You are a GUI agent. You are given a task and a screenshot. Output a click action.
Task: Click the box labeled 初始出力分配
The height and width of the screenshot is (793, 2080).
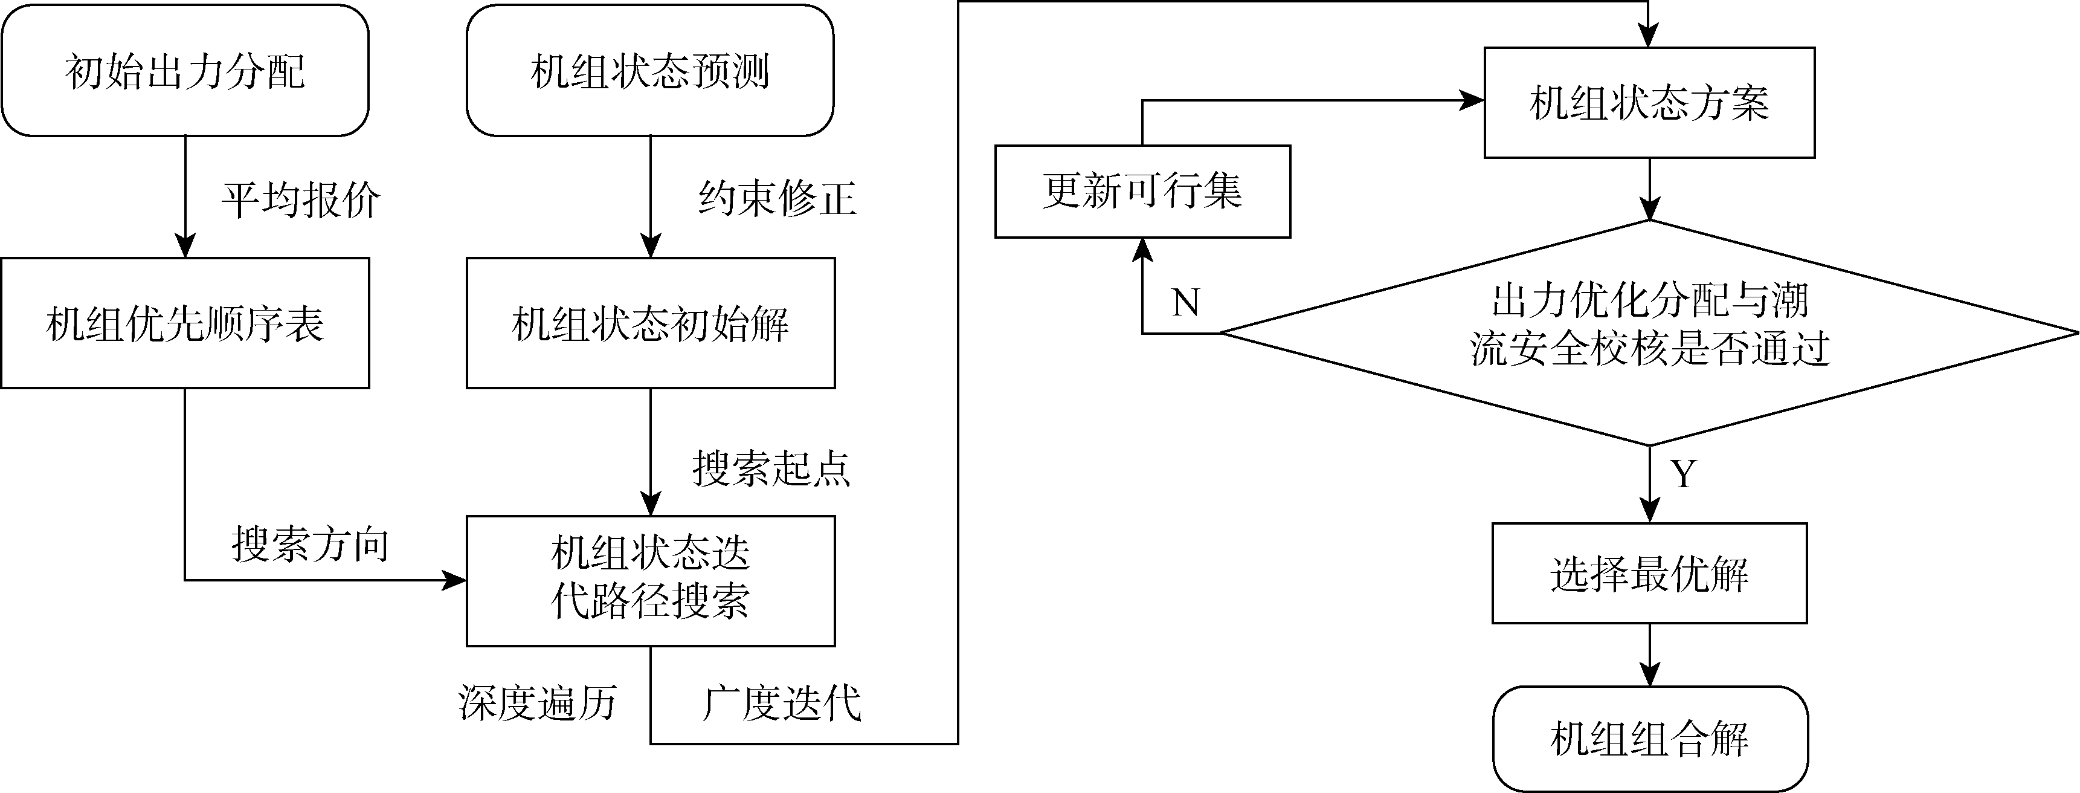pyautogui.click(x=185, y=71)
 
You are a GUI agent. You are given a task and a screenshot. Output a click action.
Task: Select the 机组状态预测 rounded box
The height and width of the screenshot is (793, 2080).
pyautogui.click(x=650, y=71)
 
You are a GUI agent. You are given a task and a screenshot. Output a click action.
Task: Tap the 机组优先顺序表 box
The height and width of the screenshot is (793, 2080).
pyautogui.click(x=185, y=323)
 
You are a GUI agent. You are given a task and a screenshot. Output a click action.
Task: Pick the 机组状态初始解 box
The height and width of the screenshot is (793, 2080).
pyautogui.click(x=650, y=323)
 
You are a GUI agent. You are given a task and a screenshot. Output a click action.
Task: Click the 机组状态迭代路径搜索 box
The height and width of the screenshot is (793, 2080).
pyautogui.click(x=650, y=580)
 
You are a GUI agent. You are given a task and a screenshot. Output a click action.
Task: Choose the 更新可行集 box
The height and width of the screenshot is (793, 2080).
pyautogui.click(x=1142, y=192)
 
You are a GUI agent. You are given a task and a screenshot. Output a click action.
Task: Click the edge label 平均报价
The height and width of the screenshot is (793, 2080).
pyautogui.click(x=300, y=199)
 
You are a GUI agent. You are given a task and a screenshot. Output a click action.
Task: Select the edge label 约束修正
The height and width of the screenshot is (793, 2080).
pyautogui.click(x=777, y=198)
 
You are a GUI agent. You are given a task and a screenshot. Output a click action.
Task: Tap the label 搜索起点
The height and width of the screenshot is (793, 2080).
pyautogui.click(x=771, y=468)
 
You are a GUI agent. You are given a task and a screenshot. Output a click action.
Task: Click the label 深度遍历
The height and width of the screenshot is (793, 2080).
pyautogui.click(x=538, y=702)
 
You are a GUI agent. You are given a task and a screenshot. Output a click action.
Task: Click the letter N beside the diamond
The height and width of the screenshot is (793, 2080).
pyautogui.click(x=1185, y=303)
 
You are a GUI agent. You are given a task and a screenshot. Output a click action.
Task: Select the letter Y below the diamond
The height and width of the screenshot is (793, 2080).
pyautogui.click(x=1684, y=474)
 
